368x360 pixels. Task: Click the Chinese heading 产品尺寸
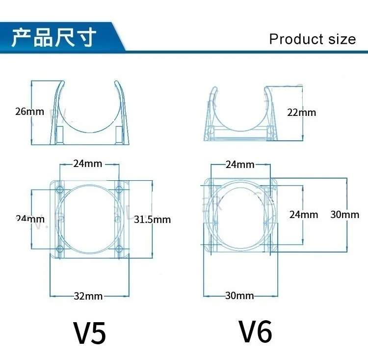coord(53,38)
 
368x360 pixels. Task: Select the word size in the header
coord(340,39)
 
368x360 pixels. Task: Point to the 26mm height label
coord(29,111)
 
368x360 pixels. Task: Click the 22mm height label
coord(301,112)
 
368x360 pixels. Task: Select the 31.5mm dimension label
coord(152,220)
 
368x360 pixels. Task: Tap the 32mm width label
coord(88,296)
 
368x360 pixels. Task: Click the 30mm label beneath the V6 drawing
coord(239,295)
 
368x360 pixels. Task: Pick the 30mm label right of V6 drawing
coord(344,215)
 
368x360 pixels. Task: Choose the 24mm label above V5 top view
coord(88,164)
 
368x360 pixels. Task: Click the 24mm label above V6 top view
coord(240,165)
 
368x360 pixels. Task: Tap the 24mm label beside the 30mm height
coord(303,215)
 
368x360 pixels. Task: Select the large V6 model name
coord(255,332)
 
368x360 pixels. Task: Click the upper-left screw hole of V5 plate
coord(60,190)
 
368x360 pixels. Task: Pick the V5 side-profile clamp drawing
coord(89,113)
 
